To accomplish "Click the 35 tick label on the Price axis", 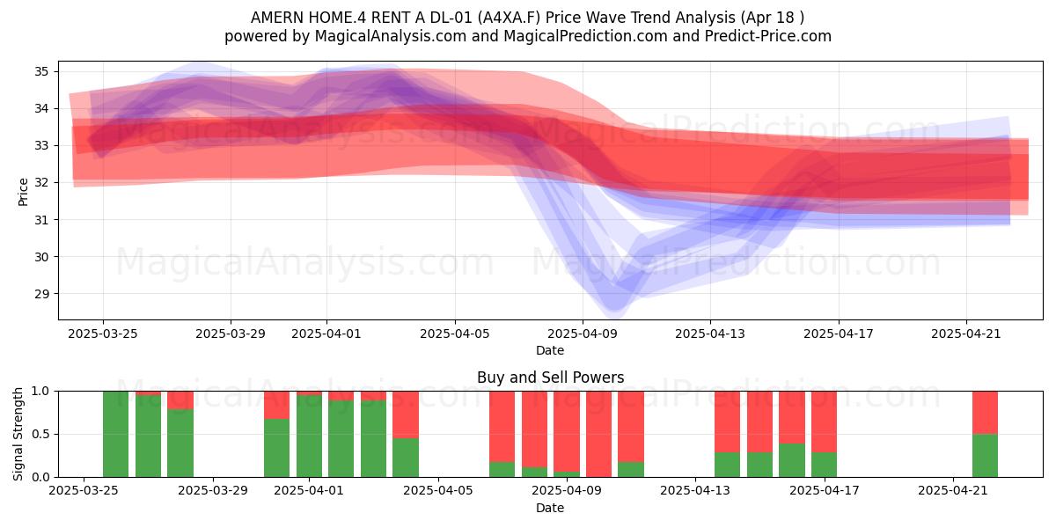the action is tap(41, 71).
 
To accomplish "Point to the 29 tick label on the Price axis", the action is tap(41, 294).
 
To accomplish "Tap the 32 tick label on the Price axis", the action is tap(41, 182).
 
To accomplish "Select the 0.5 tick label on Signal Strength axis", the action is tap(40, 434).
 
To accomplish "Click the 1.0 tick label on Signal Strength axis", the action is tap(40, 391).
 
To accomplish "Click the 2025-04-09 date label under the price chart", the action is tap(583, 334).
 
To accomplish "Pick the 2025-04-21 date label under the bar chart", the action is tap(953, 490).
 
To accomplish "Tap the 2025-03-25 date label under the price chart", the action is tap(103, 334).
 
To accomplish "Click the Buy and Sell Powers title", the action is tap(550, 378).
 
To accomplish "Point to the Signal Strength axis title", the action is tap(18, 434).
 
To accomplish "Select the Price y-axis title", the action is tap(23, 192).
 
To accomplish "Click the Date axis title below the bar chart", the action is tap(550, 508).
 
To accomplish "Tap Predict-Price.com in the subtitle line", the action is tap(768, 36).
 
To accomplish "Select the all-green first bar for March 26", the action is tap(115, 434).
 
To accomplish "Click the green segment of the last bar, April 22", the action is tap(985, 456).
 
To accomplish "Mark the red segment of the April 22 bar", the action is tap(985, 413).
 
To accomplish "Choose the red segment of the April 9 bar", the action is tap(567, 431).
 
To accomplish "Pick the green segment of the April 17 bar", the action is tap(824, 465).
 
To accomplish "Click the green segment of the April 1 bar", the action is tap(309, 436).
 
